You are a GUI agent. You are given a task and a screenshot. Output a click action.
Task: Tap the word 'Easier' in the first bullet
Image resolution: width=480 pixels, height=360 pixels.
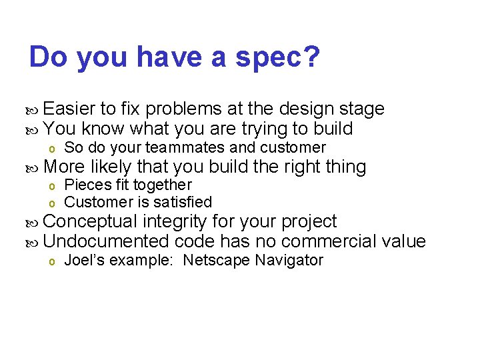point(70,109)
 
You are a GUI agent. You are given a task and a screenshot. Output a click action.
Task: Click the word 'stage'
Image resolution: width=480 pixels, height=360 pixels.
point(362,109)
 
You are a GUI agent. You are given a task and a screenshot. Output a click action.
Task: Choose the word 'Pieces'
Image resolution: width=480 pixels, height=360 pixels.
point(83,185)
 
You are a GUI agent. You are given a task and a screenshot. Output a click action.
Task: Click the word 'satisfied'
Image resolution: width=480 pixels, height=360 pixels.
point(181,201)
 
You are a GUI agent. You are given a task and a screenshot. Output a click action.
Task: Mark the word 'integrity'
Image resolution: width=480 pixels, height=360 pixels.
point(174,221)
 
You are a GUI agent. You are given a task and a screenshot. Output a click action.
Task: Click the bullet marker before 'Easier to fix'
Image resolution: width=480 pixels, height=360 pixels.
point(35,109)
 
